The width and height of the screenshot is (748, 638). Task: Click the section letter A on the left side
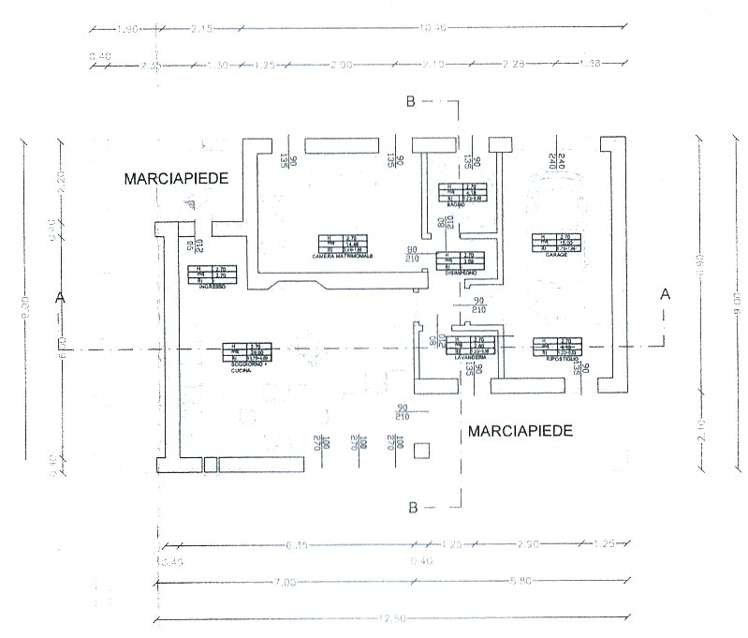pyautogui.click(x=61, y=296)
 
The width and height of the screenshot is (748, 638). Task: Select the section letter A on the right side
pyautogui.click(x=666, y=293)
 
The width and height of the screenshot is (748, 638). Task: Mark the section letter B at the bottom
pyautogui.click(x=412, y=507)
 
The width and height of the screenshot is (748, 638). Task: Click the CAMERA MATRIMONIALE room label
pyautogui.click(x=345, y=256)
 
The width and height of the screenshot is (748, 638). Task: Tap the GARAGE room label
pyautogui.click(x=551, y=254)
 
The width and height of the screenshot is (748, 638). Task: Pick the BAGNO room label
pyautogui.click(x=457, y=204)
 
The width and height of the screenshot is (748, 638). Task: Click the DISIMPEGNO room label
pyautogui.click(x=459, y=273)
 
